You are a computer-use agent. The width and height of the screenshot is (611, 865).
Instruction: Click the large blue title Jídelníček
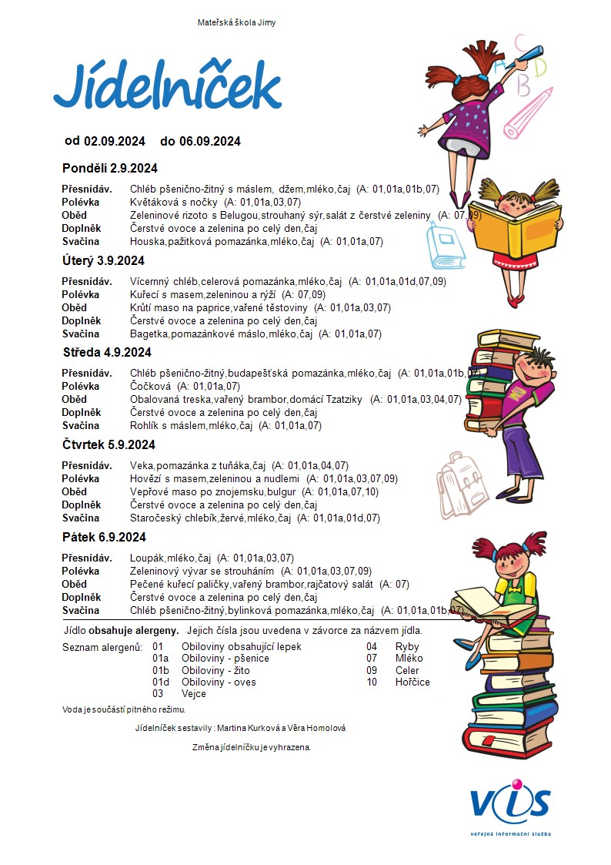[167, 87]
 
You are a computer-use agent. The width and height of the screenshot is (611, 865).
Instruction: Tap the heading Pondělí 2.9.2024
[109, 168]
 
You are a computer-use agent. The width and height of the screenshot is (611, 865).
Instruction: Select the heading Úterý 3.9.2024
[103, 260]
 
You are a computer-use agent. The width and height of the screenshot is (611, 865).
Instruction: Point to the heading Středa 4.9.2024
[107, 352]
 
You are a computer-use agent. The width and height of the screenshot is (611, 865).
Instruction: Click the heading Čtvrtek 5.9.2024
[109, 444]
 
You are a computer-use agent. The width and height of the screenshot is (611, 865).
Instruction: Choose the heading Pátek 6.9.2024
[104, 537]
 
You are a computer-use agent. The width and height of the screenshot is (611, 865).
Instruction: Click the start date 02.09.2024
[115, 141]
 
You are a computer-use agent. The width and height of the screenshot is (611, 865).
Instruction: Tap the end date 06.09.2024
[210, 141]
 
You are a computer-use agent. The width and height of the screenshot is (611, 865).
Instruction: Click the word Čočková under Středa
[151, 386]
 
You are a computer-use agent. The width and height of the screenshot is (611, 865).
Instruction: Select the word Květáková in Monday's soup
[152, 202]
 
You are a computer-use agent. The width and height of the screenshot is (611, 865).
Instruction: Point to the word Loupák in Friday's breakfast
[147, 558]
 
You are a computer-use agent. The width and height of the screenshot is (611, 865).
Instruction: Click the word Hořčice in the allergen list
[412, 682]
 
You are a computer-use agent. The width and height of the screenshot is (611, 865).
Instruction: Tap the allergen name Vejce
[193, 694]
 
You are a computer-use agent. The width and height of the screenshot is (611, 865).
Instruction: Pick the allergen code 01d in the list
[161, 682]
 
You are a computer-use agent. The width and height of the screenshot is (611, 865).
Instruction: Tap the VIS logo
[511, 805]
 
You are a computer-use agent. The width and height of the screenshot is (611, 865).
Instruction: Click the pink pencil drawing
[528, 112]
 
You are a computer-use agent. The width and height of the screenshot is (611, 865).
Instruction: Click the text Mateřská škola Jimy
[236, 22]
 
